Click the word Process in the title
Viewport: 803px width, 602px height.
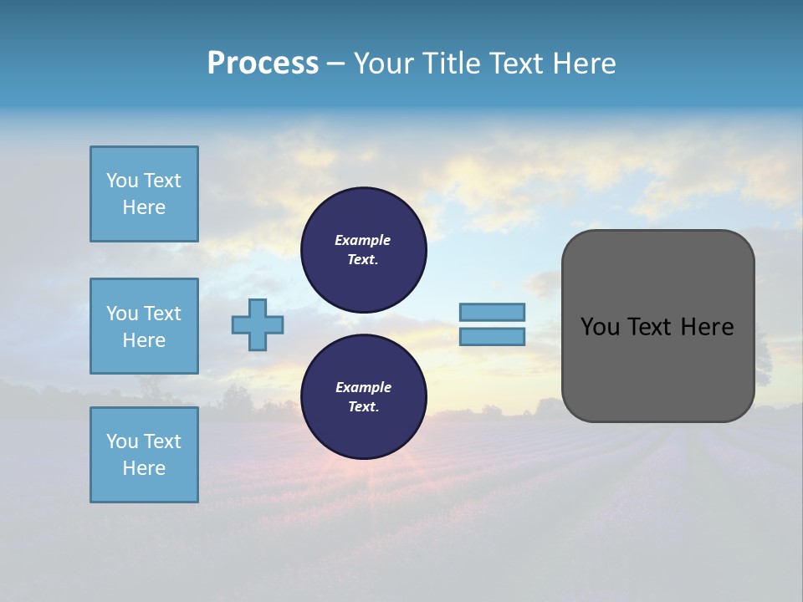tap(263, 64)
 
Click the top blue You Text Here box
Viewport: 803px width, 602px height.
tap(144, 194)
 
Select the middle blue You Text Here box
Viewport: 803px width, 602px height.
tap(144, 326)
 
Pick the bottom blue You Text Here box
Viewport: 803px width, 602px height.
tap(144, 455)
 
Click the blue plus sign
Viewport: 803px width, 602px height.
tap(258, 325)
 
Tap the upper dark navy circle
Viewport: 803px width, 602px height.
tap(363, 250)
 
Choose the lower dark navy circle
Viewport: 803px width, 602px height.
tap(363, 397)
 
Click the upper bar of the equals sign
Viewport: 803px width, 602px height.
tap(492, 312)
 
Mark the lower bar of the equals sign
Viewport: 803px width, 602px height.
tap(492, 337)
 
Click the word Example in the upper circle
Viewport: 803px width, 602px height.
tap(363, 240)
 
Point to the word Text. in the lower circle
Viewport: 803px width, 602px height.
tap(363, 407)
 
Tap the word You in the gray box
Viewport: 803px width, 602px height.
tap(599, 327)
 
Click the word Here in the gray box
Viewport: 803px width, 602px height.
tap(707, 327)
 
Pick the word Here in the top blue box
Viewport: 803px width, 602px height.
tap(144, 207)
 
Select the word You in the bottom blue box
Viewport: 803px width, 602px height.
tap(122, 441)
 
